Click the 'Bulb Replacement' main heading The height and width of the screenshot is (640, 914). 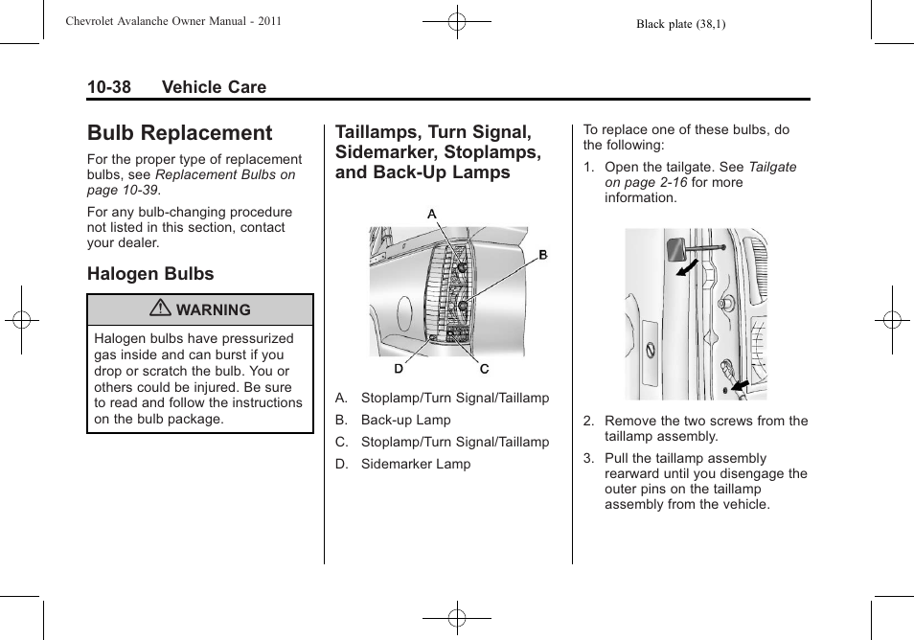(179, 133)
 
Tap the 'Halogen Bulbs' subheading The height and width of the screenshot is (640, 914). (150, 274)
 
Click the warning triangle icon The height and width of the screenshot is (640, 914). (165, 309)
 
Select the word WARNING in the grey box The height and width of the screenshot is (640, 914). (214, 310)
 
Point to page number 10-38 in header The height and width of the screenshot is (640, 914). (108, 87)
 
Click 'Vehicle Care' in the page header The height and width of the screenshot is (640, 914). (214, 87)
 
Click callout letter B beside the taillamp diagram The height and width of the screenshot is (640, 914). (542, 255)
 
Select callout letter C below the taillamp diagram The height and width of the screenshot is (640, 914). (485, 369)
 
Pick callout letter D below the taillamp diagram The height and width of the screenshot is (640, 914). (398, 368)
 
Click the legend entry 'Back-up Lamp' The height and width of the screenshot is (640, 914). (405, 420)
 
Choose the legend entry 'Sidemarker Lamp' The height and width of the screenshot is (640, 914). (416, 464)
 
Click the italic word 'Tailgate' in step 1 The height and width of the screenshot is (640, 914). (772, 167)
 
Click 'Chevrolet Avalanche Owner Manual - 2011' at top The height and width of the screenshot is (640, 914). (172, 21)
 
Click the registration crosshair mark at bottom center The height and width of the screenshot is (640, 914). (457, 619)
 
